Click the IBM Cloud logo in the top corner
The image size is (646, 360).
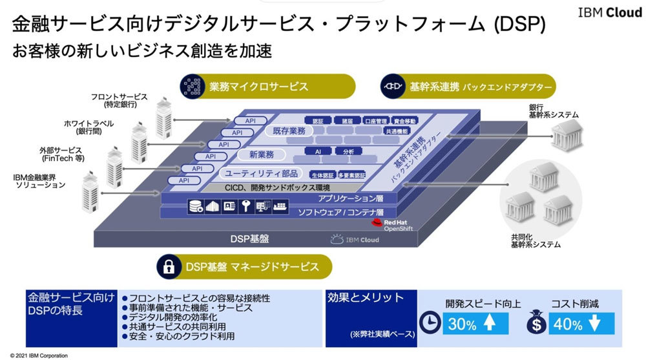(x=600, y=12)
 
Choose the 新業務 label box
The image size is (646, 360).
(x=256, y=155)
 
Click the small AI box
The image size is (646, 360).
(x=318, y=151)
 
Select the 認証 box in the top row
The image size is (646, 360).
(x=318, y=121)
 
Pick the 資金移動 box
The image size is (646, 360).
(x=404, y=121)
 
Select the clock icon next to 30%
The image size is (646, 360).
(x=428, y=324)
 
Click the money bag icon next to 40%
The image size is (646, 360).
(x=536, y=324)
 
